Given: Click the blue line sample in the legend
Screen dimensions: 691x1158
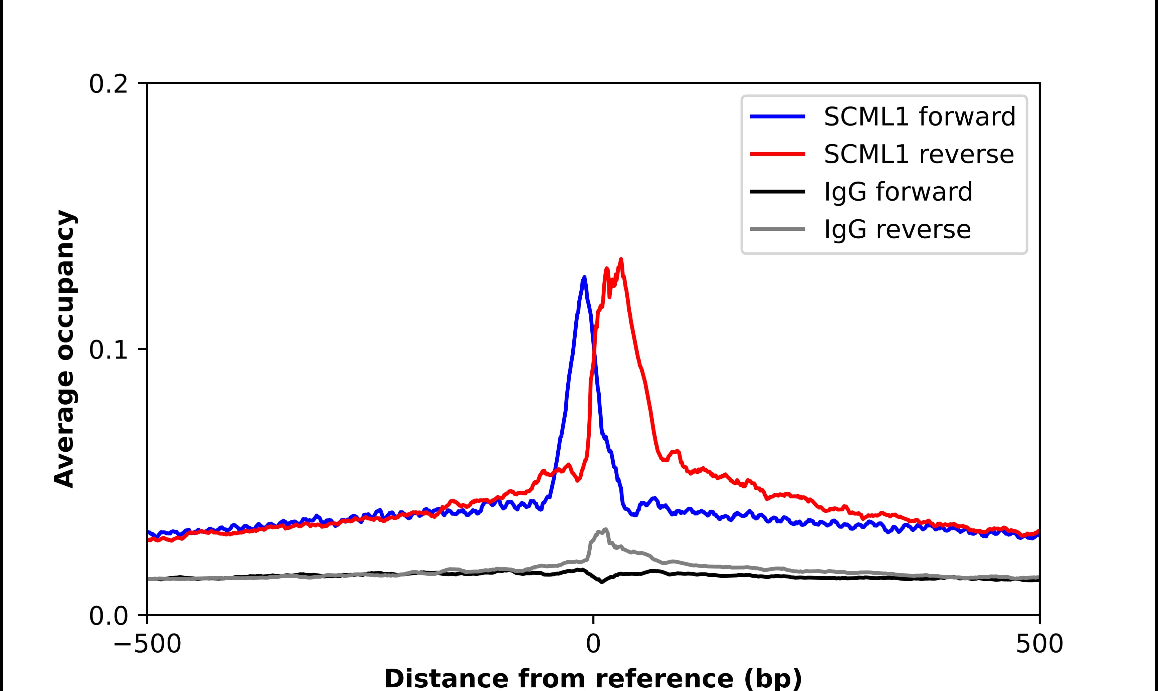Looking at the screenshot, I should click(x=778, y=117).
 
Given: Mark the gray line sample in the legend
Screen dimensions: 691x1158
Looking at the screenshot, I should click(x=778, y=229).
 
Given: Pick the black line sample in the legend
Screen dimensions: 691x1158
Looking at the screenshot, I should click(x=778, y=191).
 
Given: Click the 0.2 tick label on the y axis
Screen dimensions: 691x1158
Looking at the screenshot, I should click(x=108, y=85).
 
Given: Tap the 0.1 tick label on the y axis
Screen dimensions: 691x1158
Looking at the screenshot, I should click(x=108, y=350).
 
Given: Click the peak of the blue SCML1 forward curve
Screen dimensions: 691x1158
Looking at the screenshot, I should click(x=584, y=277).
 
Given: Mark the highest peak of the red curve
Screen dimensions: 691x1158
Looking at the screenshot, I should click(x=621, y=259).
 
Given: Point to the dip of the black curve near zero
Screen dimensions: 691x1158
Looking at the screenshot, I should click(x=602, y=582).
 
